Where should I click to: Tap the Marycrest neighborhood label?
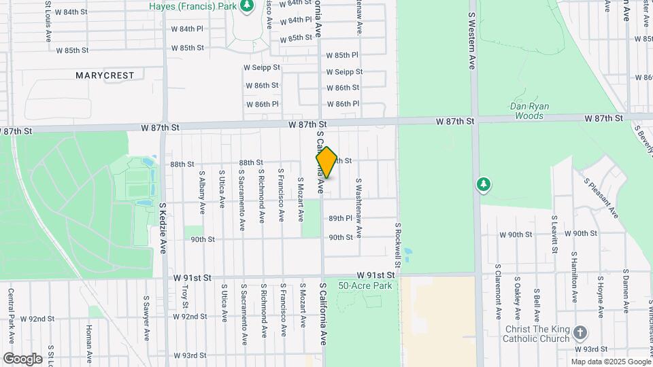[x=105, y=75]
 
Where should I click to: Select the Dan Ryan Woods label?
[x=529, y=111]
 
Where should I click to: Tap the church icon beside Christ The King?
[x=580, y=333]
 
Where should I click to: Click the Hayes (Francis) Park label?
[x=192, y=5]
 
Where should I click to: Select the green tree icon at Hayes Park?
[x=247, y=7]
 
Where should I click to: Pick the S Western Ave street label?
[x=471, y=40]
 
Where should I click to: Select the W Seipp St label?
[x=262, y=68]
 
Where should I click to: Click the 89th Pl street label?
[x=340, y=219]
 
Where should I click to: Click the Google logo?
[x=22, y=358]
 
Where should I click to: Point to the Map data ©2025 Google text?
[x=610, y=362]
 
